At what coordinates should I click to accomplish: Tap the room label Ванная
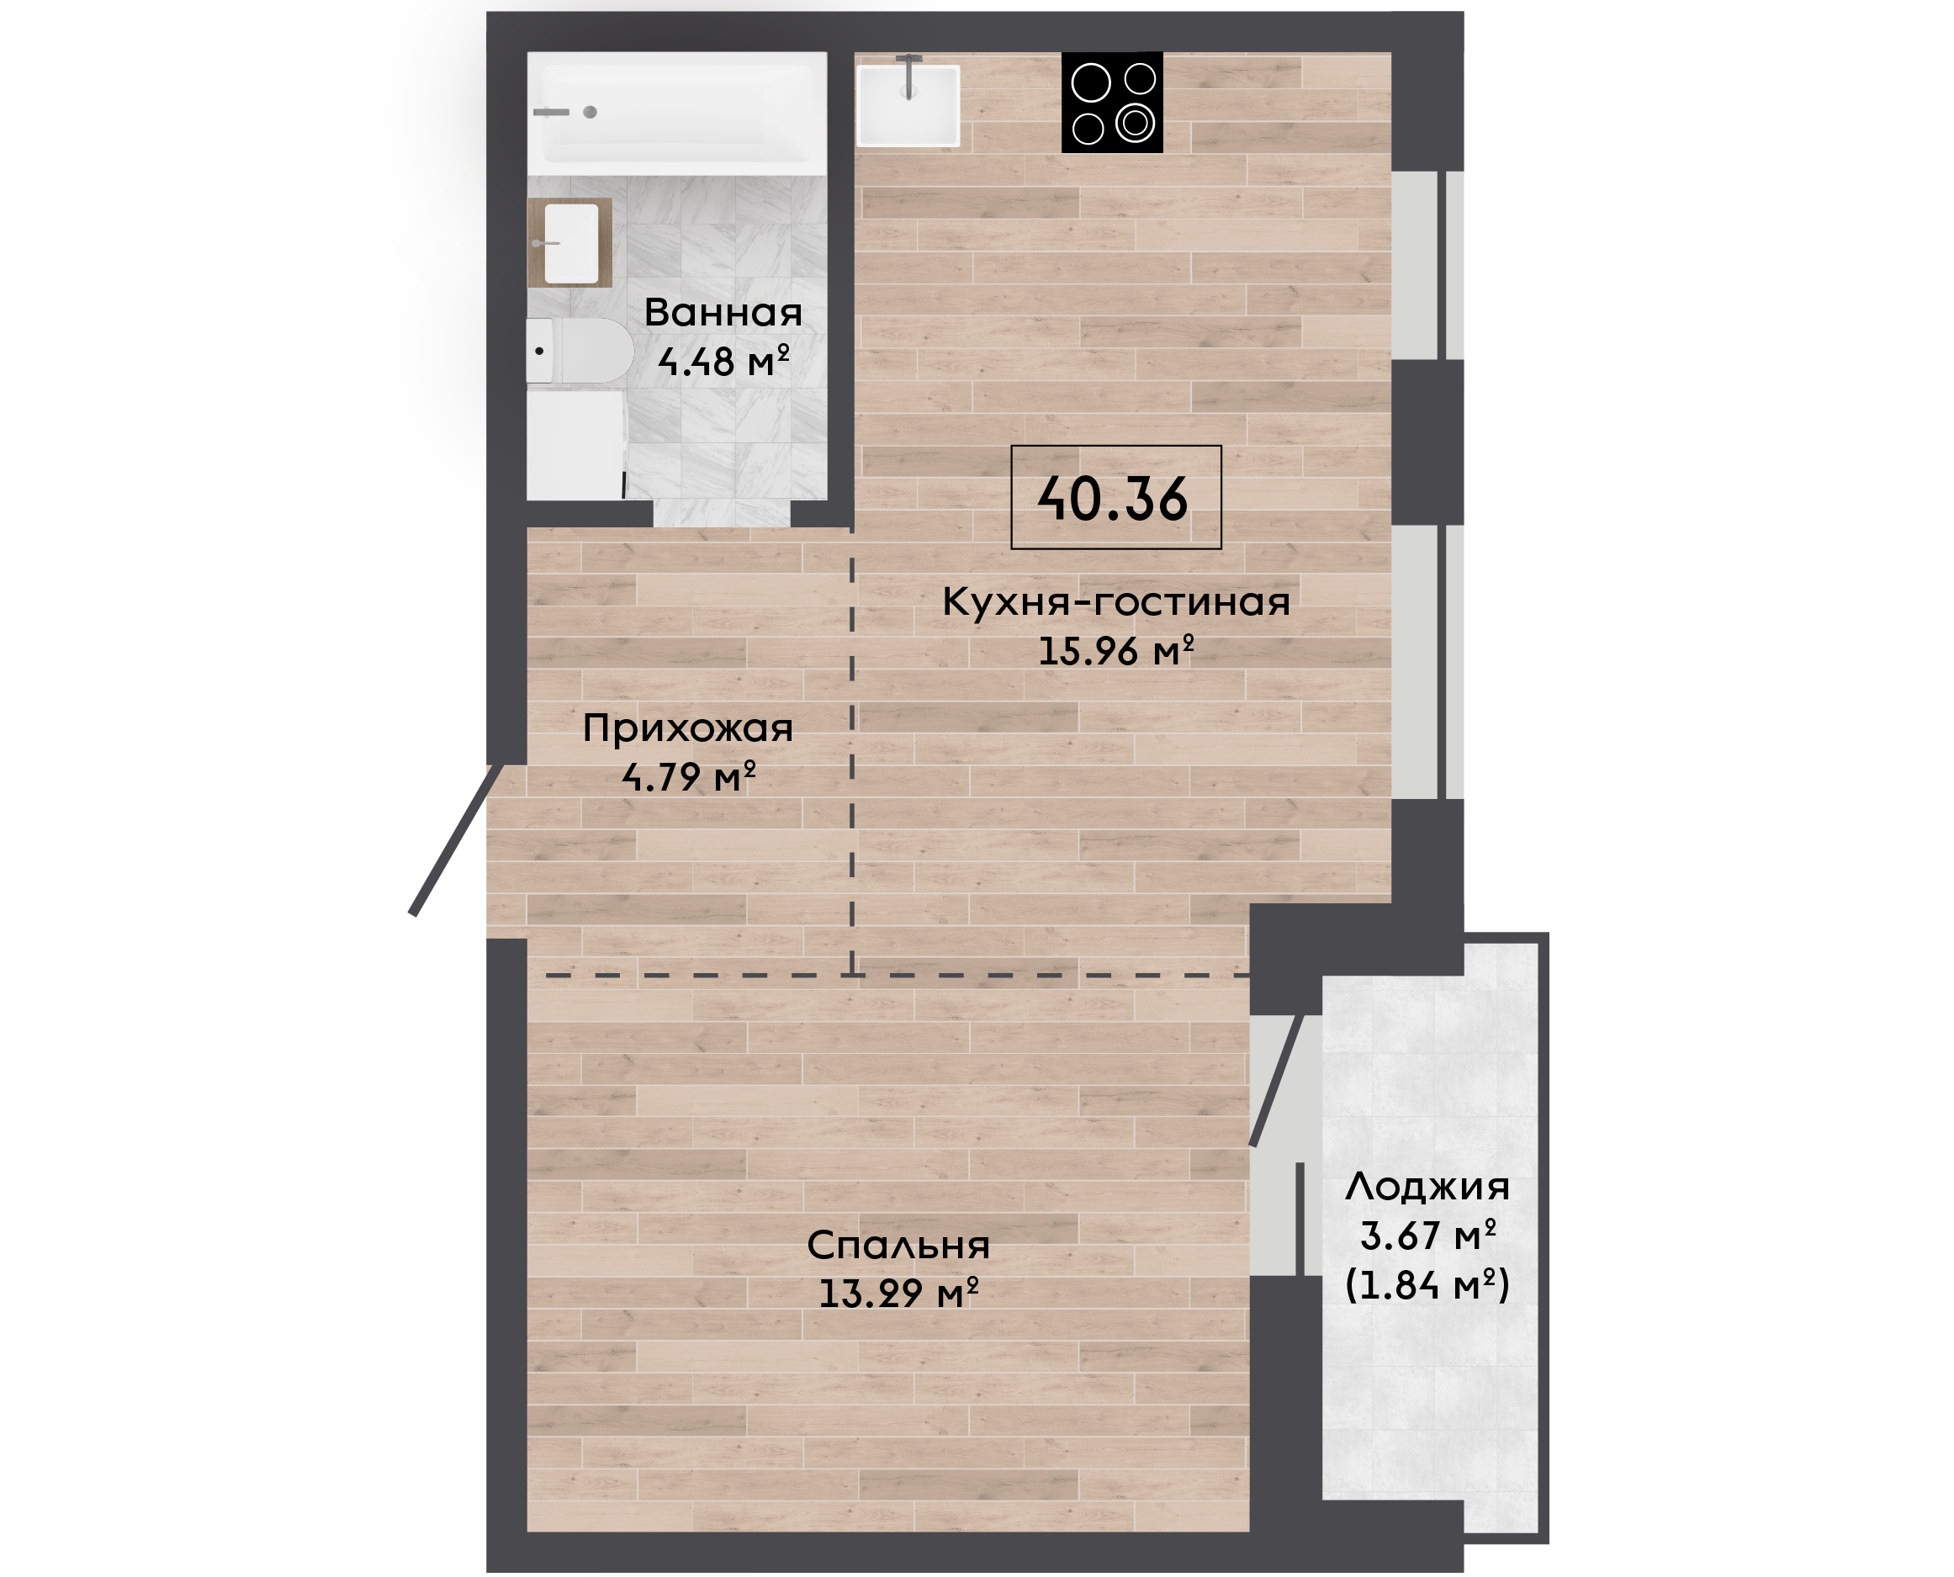pyautogui.click(x=723, y=313)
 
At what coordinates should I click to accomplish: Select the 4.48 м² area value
pyautogui.click(x=723, y=361)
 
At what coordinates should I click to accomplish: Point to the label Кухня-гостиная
pyautogui.click(x=1115, y=601)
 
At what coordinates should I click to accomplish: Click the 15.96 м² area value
pyautogui.click(x=1115, y=650)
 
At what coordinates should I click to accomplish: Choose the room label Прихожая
pyautogui.click(x=688, y=728)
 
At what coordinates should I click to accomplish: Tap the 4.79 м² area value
pyautogui.click(x=688, y=776)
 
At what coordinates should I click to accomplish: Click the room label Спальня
pyautogui.click(x=898, y=1246)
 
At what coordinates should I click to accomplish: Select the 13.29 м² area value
pyautogui.click(x=898, y=1293)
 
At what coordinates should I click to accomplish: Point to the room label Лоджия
pyautogui.click(x=1427, y=1187)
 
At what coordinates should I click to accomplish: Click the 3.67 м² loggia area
pyautogui.click(x=1427, y=1236)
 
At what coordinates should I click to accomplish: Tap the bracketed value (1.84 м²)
pyautogui.click(x=1427, y=1284)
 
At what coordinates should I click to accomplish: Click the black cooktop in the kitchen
pyautogui.click(x=1112, y=102)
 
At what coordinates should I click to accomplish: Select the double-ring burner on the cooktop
pyautogui.click(x=1136, y=123)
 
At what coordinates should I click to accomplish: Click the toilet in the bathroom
pyautogui.click(x=580, y=351)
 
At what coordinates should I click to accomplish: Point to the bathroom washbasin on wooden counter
pyautogui.click(x=570, y=242)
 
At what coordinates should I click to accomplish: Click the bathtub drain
pyautogui.click(x=590, y=112)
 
